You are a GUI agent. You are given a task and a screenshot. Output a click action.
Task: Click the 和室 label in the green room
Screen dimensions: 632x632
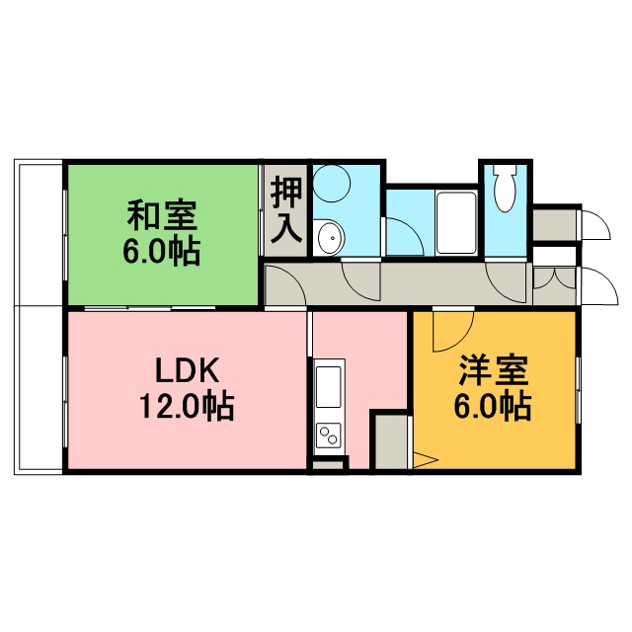pyautogui.click(x=162, y=215)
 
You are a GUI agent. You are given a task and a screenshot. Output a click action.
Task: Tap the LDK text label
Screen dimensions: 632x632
pyautogui.click(x=188, y=370)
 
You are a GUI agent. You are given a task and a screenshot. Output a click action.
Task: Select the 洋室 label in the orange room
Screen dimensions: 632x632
pyautogui.click(x=494, y=370)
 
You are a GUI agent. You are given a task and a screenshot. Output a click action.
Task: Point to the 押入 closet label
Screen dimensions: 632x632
pyautogui.click(x=286, y=210)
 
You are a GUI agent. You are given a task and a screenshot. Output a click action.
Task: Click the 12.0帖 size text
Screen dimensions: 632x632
pyautogui.click(x=187, y=406)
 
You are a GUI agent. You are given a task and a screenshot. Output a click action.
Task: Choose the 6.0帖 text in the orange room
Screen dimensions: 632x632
pyautogui.click(x=493, y=406)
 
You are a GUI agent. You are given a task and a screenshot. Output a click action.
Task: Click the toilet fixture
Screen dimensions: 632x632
pyautogui.click(x=505, y=188)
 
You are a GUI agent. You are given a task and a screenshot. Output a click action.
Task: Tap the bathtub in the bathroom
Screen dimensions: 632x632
pyautogui.click(x=456, y=222)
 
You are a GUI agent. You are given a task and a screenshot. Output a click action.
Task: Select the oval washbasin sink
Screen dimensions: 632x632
pyautogui.click(x=331, y=238)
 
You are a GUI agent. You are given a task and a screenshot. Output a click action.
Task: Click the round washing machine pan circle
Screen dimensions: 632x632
pyautogui.click(x=332, y=184)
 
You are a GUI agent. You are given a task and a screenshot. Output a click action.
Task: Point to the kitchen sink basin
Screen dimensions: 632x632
pyautogui.click(x=329, y=387)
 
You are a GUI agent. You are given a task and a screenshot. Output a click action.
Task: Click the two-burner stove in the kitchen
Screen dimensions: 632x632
pyautogui.click(x=329, y=435)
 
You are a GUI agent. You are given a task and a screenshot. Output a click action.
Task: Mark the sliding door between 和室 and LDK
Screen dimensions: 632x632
pyautogui.click(x=149, y=308)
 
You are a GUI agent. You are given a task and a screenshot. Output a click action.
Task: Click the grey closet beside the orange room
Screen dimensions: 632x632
pyautogui.click(x=391, y=441)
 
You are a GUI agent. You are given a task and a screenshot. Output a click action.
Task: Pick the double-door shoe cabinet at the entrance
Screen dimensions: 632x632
pyautogui.click(x=554, y=285)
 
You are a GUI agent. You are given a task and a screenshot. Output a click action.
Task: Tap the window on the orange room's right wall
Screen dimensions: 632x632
pyautogui.click(x=579, y=390)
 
